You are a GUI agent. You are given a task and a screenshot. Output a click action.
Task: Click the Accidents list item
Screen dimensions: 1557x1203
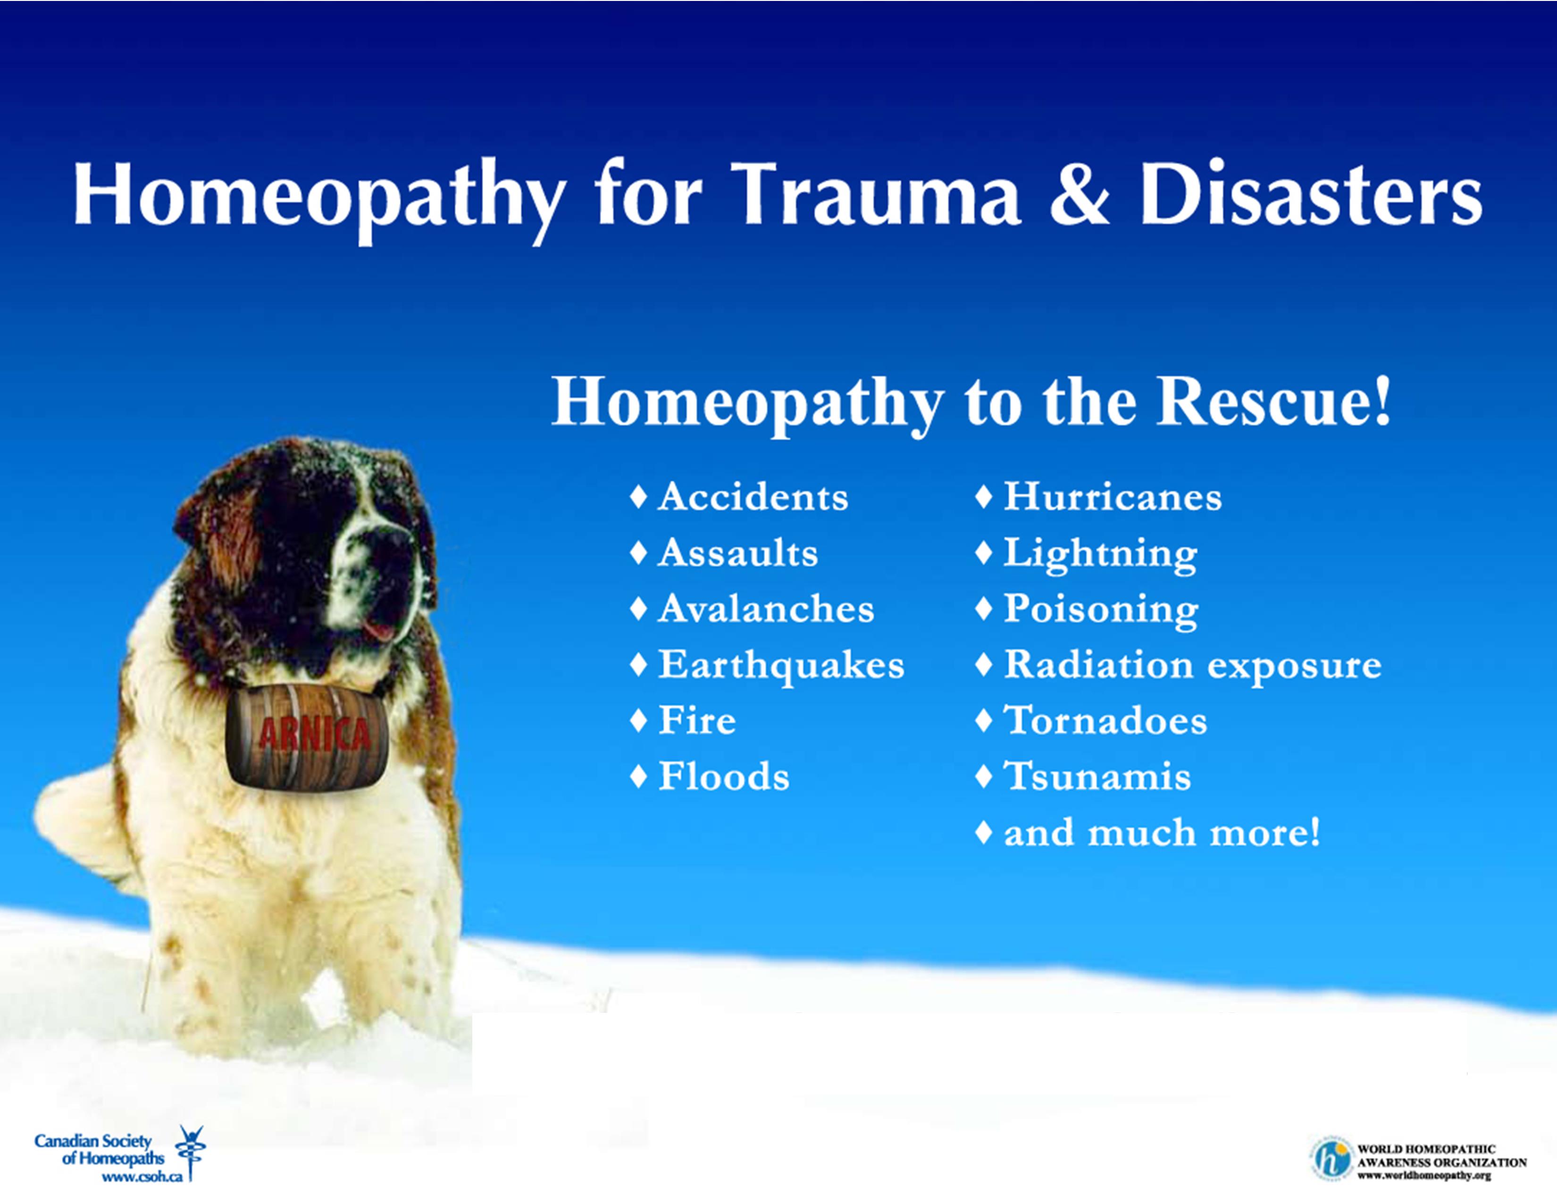click(x=739, y=497)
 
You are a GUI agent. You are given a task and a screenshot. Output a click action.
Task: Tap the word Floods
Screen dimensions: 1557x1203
click(x=724, y=776)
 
